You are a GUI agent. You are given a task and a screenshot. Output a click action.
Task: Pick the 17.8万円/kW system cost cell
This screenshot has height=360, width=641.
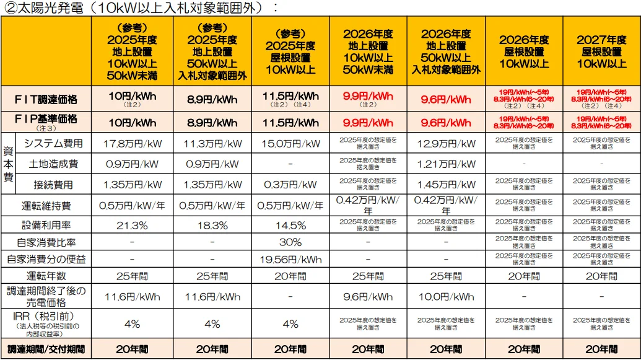tap(132, 144)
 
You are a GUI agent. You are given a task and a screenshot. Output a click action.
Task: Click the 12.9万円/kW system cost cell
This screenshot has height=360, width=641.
tap(446, 144)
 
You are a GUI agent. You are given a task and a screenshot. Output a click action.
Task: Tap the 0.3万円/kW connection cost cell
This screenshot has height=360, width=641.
tap(290, 185)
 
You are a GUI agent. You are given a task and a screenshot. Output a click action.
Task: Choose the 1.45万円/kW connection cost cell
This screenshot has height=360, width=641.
tap(446, 185)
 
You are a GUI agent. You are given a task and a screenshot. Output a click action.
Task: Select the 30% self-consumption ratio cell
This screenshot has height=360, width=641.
tap(290, 242)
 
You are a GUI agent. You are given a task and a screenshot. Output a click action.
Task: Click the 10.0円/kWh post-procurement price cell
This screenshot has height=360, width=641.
tap(446, 297)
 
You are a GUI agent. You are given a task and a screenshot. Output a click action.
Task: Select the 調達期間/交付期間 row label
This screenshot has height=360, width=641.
tap(46, 349)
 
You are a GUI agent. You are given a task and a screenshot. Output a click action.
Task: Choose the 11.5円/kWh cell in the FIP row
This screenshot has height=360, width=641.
tap(290, 123)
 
